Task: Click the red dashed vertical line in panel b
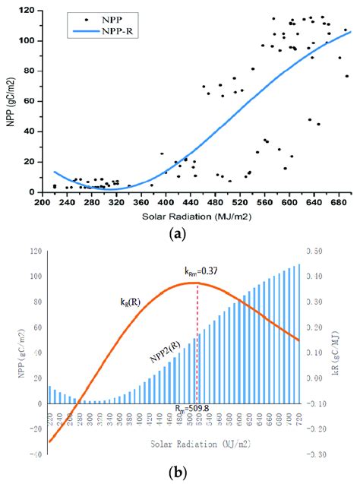coord(197,342)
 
